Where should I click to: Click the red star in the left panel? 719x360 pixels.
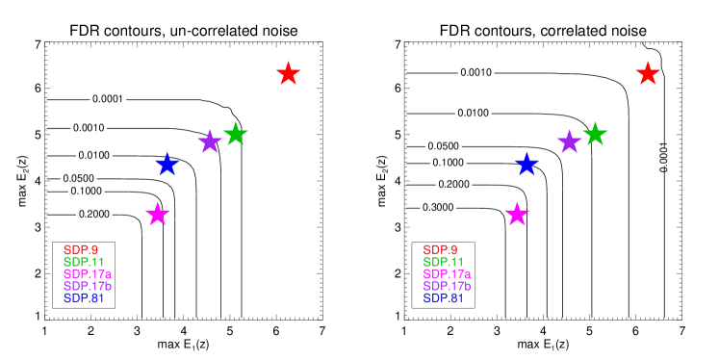coord(289,73)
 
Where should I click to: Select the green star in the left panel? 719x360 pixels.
coord(236,134)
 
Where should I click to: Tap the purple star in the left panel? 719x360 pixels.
coord(210,141)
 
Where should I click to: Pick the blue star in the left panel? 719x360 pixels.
coord(167,164)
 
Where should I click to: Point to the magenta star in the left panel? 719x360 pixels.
coord(158,214)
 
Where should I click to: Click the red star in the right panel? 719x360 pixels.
coord(648,73)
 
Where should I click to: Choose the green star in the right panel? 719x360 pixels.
coord(595,134)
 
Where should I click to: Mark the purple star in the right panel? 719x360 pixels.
coord(570,141)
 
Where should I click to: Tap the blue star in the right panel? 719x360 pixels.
coord(526,164)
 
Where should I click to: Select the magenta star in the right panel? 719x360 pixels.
coord(517,214)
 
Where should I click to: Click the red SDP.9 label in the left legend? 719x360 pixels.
coord(81,250)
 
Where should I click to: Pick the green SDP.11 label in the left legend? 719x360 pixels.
coord(84,262)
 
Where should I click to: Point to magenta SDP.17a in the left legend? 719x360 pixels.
coord(88,274)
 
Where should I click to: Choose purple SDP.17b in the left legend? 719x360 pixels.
coord(88,286)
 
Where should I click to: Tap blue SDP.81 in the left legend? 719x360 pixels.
coord(84,298)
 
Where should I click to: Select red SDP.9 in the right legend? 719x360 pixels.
coord(441,250)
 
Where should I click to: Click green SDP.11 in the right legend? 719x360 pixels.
coord(444,262)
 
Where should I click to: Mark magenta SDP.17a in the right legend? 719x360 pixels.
coord(448,274)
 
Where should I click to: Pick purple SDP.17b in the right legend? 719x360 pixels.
coord(448,286)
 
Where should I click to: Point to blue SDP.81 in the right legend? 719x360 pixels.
coord(444,298)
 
